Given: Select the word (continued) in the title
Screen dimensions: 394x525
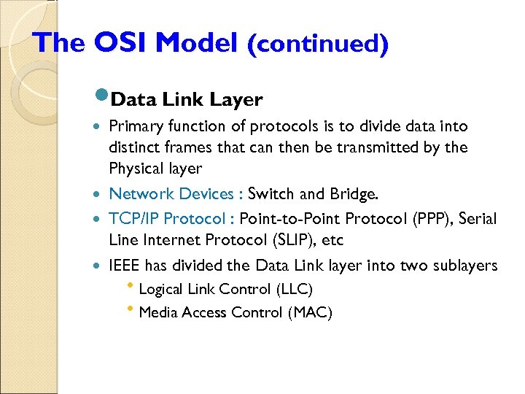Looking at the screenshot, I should pos(317,44).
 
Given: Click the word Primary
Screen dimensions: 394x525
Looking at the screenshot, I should pos(133,127).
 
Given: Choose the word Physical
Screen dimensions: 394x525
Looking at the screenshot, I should pos(136,169).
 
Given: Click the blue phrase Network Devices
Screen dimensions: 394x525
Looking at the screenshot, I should pos(171,193).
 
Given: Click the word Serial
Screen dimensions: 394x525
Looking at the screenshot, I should pos(473,218).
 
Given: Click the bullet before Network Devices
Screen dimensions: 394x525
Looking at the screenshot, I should pos(98,194).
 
